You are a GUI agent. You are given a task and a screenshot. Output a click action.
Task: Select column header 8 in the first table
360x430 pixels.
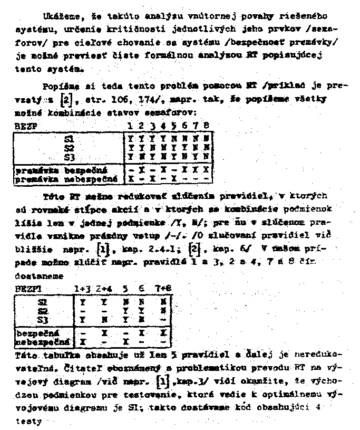point(206,126)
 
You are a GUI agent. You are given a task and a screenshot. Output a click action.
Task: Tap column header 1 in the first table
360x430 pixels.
point(130,126)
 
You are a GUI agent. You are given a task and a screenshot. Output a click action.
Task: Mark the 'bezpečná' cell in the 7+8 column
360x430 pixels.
point(167,334)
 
